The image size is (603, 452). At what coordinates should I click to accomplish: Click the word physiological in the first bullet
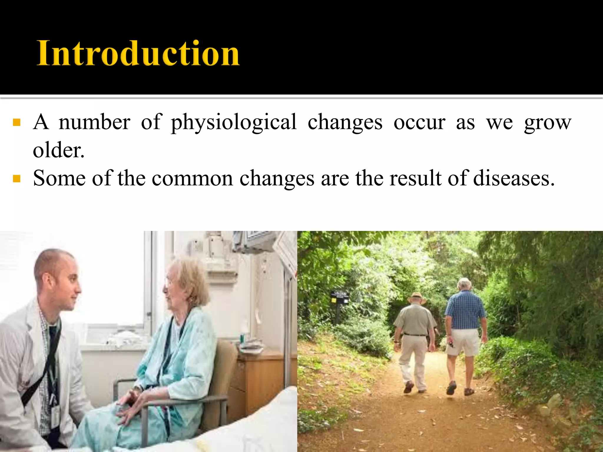[x=234, y=122]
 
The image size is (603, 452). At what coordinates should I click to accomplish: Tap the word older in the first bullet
[x=58, y=150]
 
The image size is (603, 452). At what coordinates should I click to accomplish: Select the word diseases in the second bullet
[x=513, y=178]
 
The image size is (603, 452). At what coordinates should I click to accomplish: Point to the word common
[x=192, y=178]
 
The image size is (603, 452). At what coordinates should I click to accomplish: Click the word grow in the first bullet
[x=548, y=122]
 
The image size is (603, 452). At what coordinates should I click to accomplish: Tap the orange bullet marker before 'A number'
[x=17, y=122]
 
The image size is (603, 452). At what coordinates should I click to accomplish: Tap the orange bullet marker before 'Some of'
[x=17, y=178]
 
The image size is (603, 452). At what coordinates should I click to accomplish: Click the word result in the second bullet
[x=416, y=178]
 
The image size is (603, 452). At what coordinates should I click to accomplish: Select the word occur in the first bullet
[x=419, y=122]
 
